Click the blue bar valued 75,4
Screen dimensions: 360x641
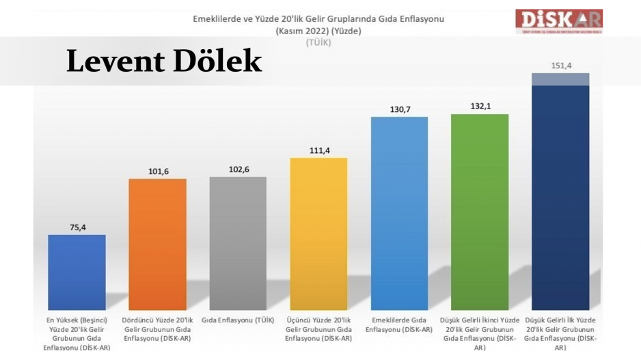(x=77, y=272)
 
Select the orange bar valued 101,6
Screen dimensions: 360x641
(x=157, y=244)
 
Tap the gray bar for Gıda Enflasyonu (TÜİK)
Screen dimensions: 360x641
(x=238, y=243)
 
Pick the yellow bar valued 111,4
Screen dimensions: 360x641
(x=318, y=234)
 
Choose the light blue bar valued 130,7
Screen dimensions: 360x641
(x=399, y=213)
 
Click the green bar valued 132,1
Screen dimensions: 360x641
(x=480, y=212)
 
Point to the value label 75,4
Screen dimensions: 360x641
(x=77, y=227)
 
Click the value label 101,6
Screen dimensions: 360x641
(x=157, y=171)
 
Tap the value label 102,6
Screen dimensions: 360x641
(x=238, y=169)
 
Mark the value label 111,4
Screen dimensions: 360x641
(x=318, y=150)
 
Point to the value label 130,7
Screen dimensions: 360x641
(x=399, y=109)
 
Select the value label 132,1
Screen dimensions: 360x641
(x=480, y=106)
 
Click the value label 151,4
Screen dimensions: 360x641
(x=560, y=66)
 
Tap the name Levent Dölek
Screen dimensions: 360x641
(x=164, y=61)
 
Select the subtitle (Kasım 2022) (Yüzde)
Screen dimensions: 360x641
(x=318, y=31)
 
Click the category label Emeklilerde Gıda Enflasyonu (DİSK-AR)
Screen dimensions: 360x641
(x=399, y=324)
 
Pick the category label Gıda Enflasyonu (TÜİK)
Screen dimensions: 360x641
(x=238, y=320)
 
